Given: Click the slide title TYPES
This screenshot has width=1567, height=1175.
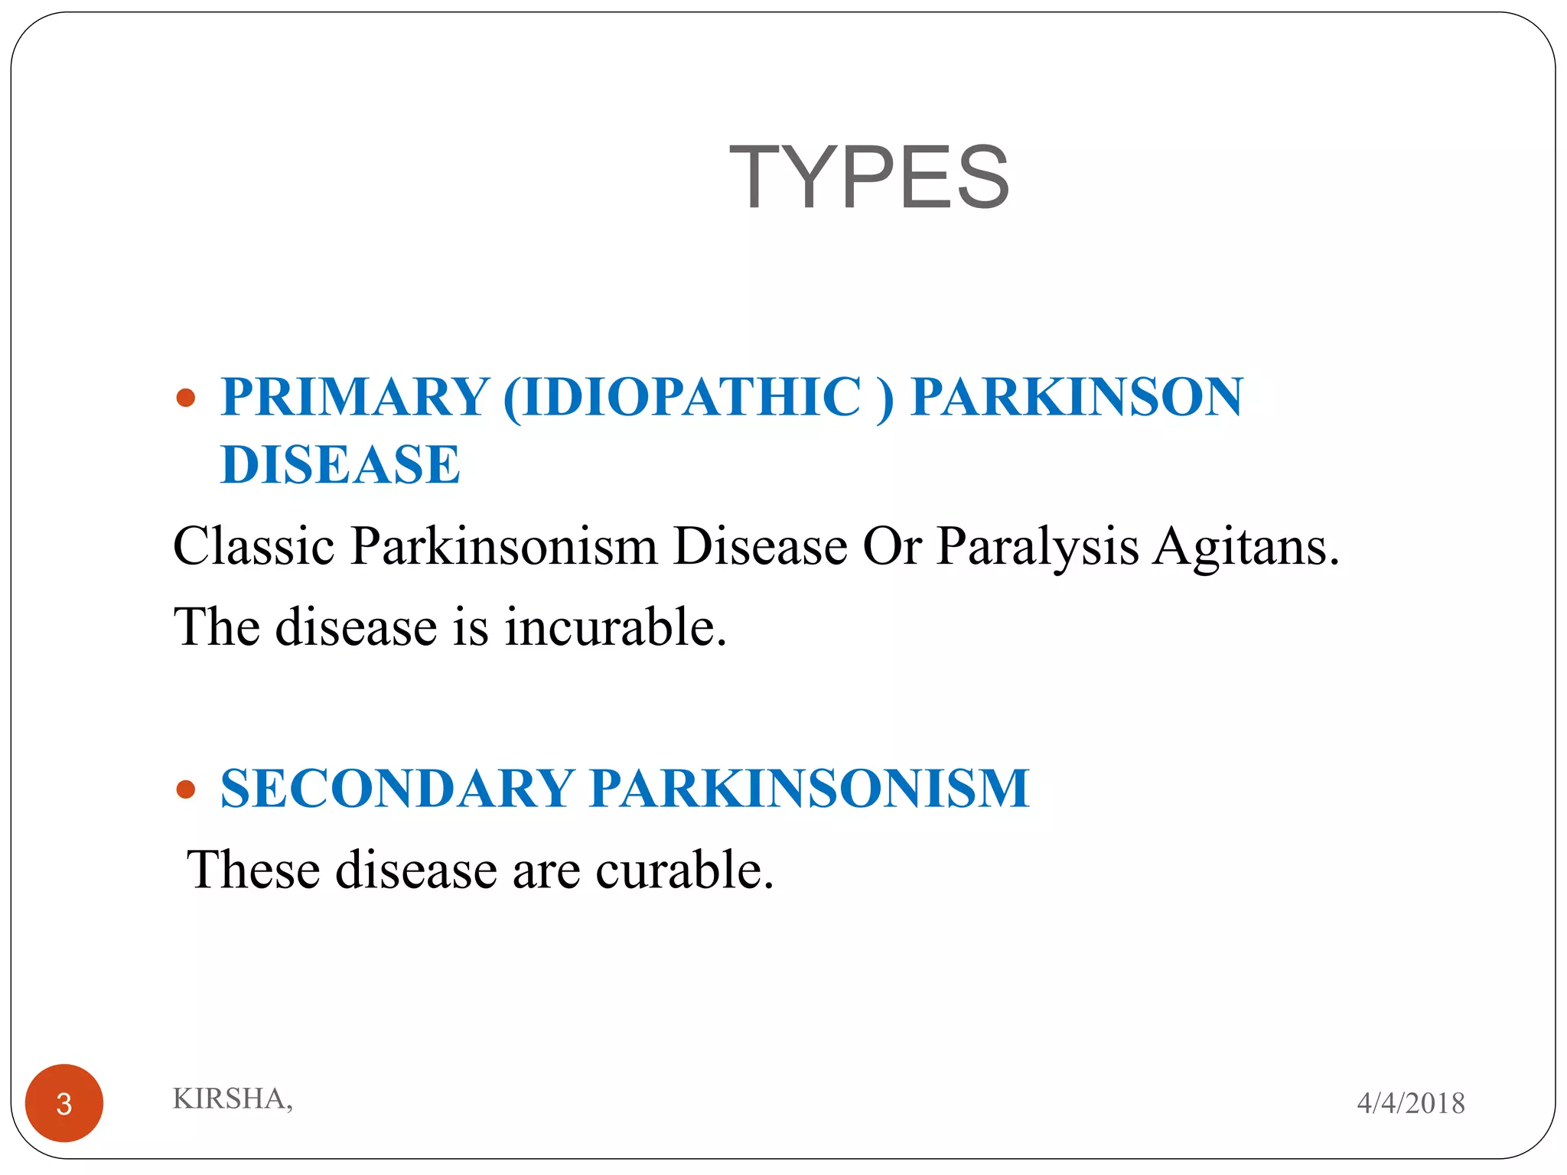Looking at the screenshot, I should [868, 177].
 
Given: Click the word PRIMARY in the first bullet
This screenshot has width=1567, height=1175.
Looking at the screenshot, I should [355, 397].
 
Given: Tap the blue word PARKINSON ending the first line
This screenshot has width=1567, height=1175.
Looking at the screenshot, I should [1077, 397].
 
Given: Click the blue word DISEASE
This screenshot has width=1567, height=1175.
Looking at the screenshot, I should [340, 464].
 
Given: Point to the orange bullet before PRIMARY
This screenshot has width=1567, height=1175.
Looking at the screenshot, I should [185, 398].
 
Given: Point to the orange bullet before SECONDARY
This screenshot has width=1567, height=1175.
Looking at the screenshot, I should [185, 789].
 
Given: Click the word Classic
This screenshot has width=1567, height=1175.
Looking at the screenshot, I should [254, 547].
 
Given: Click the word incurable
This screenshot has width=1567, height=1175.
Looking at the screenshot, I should [615, 627].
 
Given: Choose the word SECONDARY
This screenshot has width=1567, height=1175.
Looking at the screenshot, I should [397, 789].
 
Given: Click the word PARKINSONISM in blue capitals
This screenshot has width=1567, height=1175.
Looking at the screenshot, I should [810, 789].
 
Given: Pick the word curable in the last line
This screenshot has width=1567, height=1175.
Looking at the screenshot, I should [684, 871].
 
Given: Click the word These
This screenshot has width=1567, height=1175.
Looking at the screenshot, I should [253, 871].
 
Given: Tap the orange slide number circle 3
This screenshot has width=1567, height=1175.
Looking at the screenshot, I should [64, 1103].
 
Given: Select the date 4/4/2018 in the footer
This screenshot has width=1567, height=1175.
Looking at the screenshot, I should [1410, 1103].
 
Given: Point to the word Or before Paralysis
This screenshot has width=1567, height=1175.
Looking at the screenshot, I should [891, 547].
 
